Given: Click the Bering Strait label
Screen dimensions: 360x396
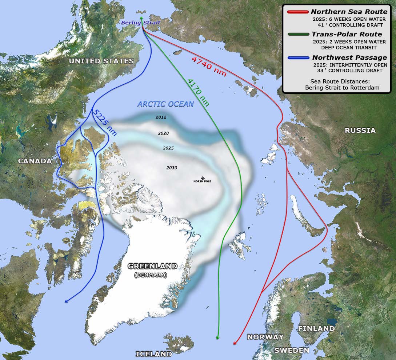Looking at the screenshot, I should click(x=140, y=23).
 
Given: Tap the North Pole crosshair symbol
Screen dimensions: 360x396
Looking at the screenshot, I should click(x=203, y=178).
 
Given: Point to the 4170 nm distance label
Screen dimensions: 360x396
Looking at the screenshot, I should click(x=199, y=92).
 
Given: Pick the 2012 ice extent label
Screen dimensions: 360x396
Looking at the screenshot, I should click(x=160, y=117).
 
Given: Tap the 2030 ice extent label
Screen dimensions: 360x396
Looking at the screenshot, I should click(x=172, y=168).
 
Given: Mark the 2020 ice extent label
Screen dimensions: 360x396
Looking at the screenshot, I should click(x=163, y=133).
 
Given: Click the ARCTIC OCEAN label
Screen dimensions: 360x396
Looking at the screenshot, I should click(x=165, y=104).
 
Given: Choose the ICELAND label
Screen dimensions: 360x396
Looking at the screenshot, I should click(x=153, y=354).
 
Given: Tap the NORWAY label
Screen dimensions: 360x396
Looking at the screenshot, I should click(x=265, y=337).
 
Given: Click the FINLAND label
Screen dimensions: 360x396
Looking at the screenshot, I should click(x=316, y=328).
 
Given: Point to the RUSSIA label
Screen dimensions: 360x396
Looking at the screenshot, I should click(x=360, y=130).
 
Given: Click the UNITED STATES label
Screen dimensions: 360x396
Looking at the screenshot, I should click(x=101, y=61).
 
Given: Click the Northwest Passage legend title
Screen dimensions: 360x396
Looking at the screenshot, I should click(x=349, y=57).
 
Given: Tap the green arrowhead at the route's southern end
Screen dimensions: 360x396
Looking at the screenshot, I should click(x=217, y=338).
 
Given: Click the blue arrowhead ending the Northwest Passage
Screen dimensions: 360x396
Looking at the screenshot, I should click(x=66, y=301).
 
